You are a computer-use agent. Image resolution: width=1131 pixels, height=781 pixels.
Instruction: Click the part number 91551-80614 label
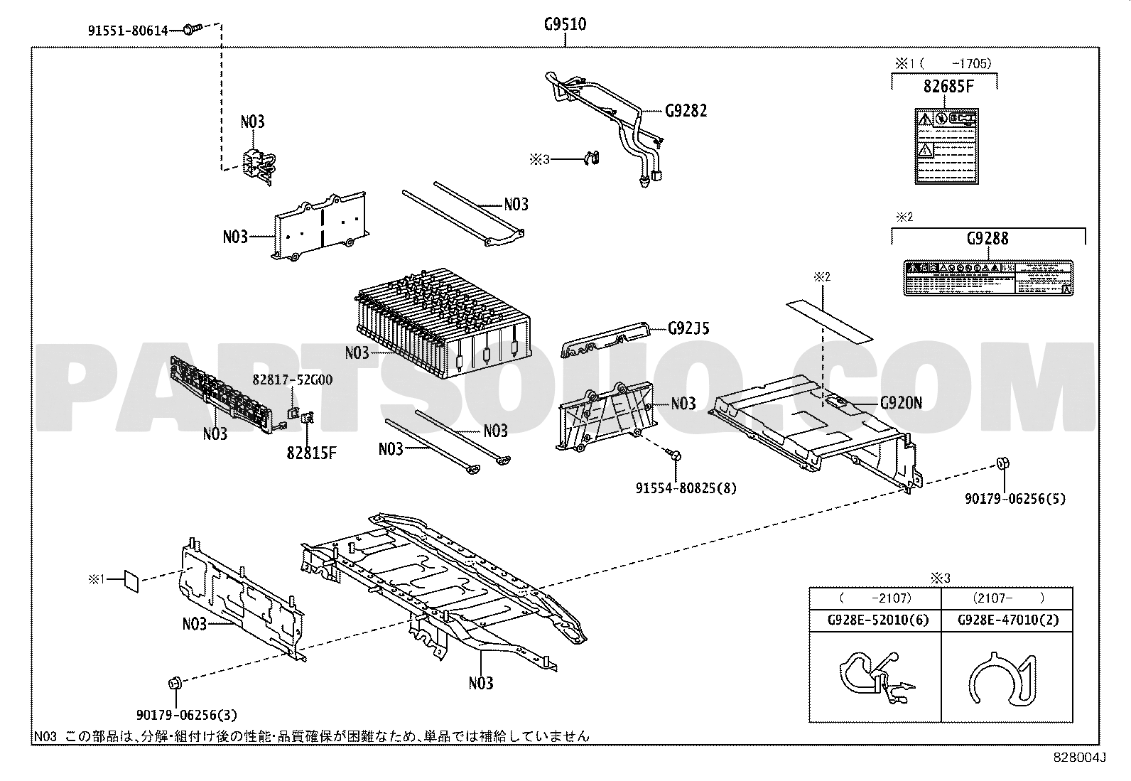[129, 31]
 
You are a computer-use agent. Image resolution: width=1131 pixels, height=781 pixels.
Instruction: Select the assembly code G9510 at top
[565, 25]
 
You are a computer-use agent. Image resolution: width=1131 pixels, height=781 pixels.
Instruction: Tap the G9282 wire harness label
[686, 111]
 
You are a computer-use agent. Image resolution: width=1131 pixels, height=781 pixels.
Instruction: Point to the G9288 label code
[987, 239]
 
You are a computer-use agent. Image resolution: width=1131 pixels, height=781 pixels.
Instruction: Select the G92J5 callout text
[688, 328]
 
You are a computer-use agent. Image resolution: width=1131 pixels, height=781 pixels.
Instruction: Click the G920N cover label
[901, 403]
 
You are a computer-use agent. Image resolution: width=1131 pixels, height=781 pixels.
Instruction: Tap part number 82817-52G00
[292, 380]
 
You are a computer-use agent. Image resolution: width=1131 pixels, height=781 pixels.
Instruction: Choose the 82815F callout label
[311, 452]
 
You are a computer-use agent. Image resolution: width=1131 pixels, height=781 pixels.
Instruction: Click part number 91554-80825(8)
[686, 488]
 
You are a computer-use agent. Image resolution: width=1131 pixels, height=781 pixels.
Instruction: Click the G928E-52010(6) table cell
[875, 620]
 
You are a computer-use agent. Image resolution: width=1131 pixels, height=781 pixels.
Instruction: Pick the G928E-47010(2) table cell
[1007, 620]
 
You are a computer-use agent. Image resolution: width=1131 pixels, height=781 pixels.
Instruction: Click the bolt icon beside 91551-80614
[191, 29]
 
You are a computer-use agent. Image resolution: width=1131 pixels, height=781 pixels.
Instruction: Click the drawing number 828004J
[1081, 758]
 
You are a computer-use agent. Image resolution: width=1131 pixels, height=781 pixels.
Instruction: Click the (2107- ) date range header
[1006, 598]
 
